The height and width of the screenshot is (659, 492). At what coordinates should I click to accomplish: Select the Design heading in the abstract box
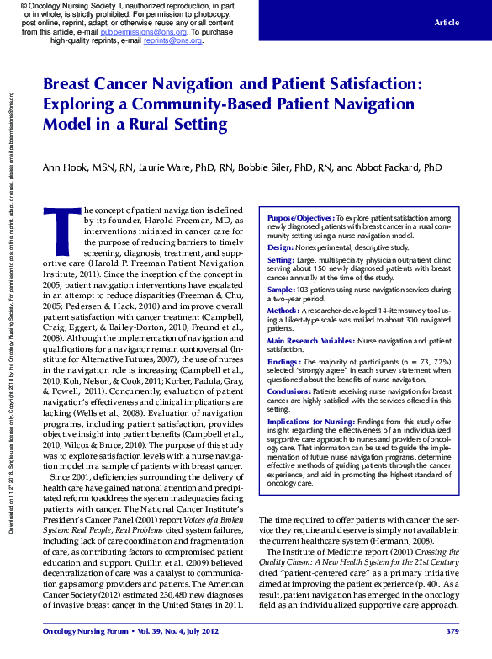[280, 247]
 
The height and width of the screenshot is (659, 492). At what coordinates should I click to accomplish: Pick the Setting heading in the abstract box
[282, 262]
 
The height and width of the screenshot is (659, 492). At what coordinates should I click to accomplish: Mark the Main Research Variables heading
[307, 340]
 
